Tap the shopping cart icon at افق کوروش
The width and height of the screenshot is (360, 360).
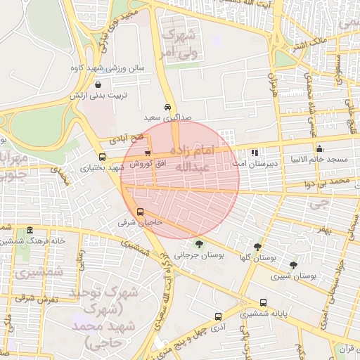coord(147,153)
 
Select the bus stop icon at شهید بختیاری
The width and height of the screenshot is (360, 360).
coord(102,157)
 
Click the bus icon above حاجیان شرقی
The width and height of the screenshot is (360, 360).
coord(140,212)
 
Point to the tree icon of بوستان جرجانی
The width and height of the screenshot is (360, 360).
coord(200,244)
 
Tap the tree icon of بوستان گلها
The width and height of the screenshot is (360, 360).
coord(257,247)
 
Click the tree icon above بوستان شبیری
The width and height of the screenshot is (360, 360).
coord(293,265)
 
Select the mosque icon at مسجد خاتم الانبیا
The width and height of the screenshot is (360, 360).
coord(320,148)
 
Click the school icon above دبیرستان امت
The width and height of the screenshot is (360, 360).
coord(255,151)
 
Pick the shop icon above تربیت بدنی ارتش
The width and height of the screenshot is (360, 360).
coord(106,84)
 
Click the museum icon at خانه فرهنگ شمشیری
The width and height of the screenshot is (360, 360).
coord(29,230)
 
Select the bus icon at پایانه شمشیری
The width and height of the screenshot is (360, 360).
coord(263,303)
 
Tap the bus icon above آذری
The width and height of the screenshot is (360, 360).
coord(218,316)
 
